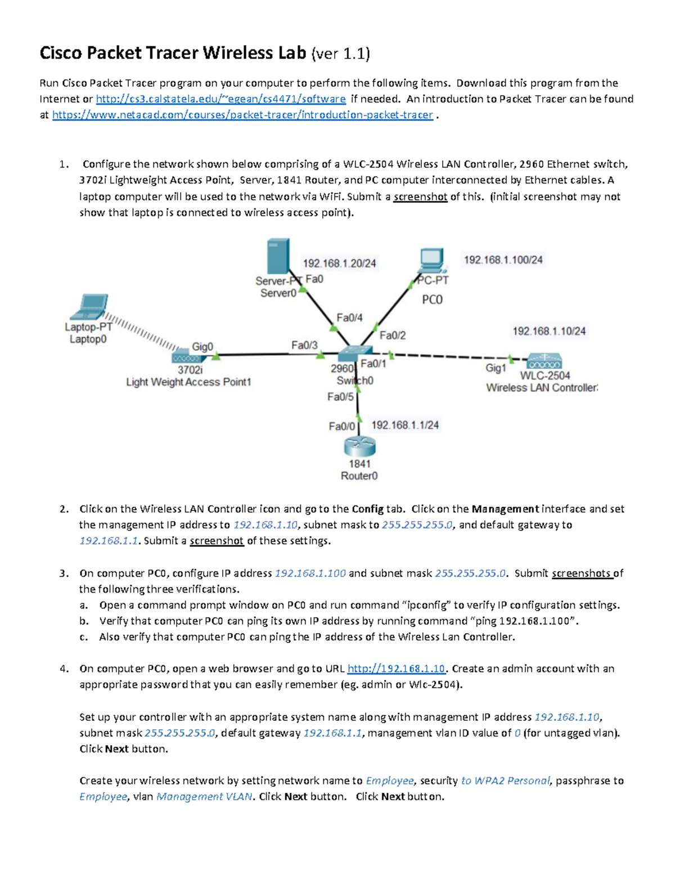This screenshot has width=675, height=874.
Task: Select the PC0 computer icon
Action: pyautogui.click(x=432, y=261)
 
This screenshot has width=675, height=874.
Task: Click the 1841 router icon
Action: pyautogui.click(x=359, y=447)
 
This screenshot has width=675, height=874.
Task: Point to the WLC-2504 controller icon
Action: pyautogui.click(x=544, y=361)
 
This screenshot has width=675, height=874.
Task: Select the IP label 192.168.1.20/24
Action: pyautogui.click(x=339, y=263)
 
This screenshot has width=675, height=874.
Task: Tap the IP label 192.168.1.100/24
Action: pyautogui.click(x=503, y=260)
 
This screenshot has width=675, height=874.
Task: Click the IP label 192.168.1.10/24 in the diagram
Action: pyautogui.click(x=548, y=331)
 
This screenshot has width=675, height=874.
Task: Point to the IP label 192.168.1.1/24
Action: pyautogui.click(x=405, y=425)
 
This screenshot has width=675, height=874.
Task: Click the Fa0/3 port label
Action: pyautogui.click(x=304, y=345)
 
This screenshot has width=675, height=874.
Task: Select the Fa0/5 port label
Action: pyautogui.click(x=340, y=397)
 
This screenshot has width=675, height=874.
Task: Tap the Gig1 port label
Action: pyautogui.click(x=496, y=367)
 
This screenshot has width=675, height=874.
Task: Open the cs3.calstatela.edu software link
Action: pyautogui.click(x=220, y=99)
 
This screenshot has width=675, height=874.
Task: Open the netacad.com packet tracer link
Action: pyautogui.click(x=242, y=115)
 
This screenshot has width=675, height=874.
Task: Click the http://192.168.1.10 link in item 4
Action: pyautogui.click(x=396, y=669)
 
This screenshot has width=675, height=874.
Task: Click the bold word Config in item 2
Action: pyautogui.click(x=367, y=509)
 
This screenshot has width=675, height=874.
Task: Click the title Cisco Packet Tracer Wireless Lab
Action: pyautogui.click(x=173, y=53)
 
